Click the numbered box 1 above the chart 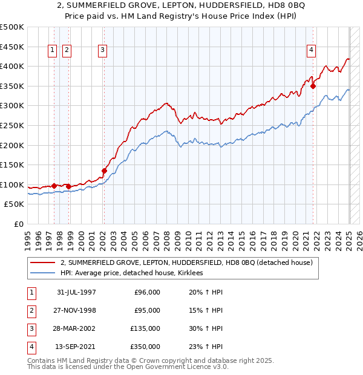tap(52, 51)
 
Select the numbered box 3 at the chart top tap(103, 51)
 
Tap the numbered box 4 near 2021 tap(311, 51)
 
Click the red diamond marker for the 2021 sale tap(313, 86)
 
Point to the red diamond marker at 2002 tap(104, 171)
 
